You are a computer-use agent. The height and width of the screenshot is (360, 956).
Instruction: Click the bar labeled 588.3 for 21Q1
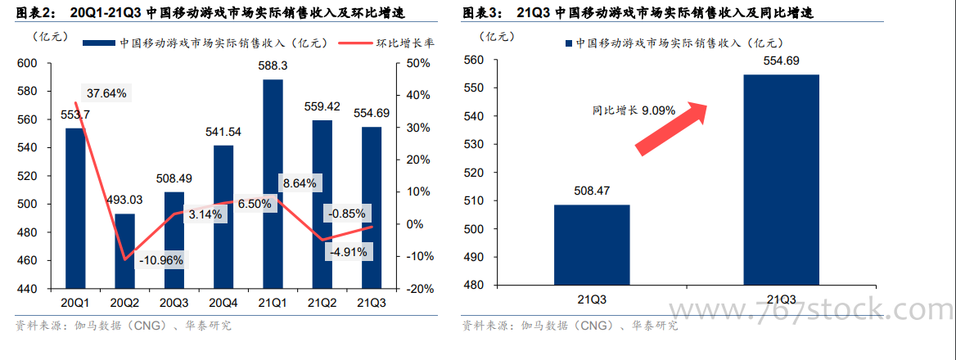[273, 184]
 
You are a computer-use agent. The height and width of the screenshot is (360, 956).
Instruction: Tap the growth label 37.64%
[106, 93]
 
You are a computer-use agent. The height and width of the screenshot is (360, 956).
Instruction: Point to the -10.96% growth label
[161, 261]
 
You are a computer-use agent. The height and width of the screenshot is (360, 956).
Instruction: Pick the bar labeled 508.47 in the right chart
[592, 245]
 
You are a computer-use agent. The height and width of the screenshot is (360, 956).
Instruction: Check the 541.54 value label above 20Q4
[223, 132]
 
